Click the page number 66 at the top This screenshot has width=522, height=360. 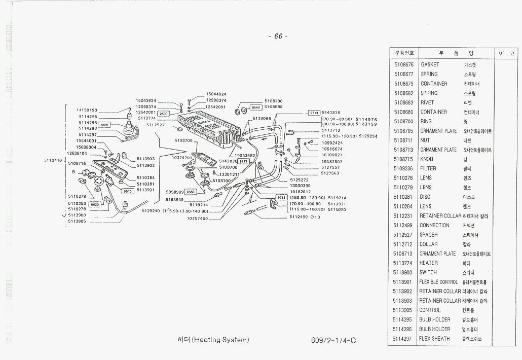[278, 36]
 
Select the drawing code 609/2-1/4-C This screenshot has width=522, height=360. [333, 340]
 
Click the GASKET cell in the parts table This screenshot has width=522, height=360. [430, 65]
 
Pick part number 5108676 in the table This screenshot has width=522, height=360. [403, 65]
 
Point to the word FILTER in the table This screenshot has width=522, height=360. [428, 169]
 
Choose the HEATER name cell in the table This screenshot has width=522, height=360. [429, 263]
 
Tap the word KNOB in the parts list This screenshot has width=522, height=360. [427, 159]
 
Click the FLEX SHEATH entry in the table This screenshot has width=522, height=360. [434, 339]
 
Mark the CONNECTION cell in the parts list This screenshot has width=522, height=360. [434, 226]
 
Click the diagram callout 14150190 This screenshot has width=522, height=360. [87, 110]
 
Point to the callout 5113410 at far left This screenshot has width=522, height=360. [53, 160]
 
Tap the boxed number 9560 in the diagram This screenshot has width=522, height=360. [256, 107]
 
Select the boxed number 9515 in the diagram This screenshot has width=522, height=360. [128, 192]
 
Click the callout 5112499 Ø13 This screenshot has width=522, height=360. [305, 217]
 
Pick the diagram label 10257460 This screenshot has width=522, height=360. [197, 219]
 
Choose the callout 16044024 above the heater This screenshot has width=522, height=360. [216, 94]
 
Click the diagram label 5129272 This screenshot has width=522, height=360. [299, 180]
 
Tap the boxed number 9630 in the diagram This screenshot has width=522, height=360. [164, 114]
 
